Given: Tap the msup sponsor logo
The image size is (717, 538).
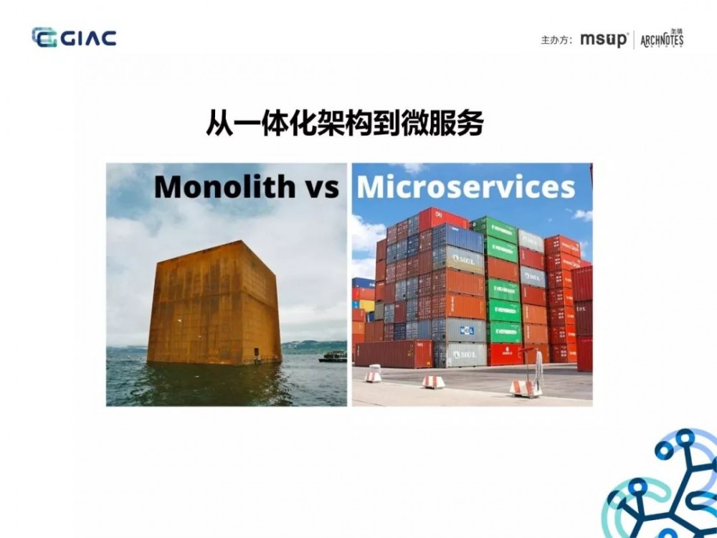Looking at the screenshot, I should pos(604,39).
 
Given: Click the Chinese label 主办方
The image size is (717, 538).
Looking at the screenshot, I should pos(556,40).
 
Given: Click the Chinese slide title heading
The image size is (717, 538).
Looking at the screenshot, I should pos(344,123).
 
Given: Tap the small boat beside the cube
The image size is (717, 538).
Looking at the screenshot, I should pos(333,356).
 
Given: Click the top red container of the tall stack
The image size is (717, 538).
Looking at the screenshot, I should pos(442,217).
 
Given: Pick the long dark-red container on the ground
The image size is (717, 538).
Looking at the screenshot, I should pos(394,354).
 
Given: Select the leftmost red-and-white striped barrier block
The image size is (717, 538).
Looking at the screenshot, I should pos(373,376).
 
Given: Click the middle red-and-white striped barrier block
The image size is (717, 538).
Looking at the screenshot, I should pos(433,382).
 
